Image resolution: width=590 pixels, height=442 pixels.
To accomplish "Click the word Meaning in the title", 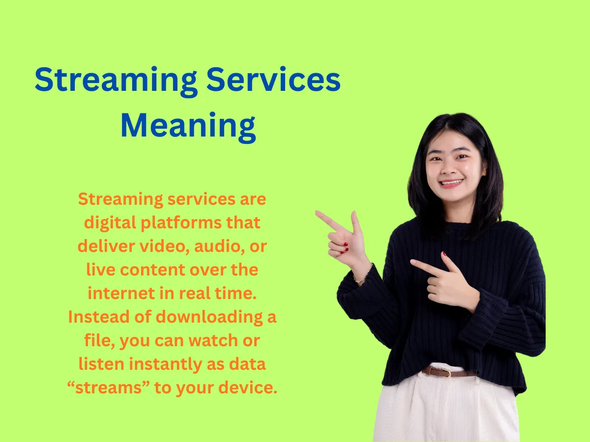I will coord(188,126).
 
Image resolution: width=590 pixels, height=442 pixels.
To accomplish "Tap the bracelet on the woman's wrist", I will coord(363,276).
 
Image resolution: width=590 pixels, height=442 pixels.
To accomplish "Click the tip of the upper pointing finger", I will coord(317,213).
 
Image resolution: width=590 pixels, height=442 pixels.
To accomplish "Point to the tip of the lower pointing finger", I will coord(413,262).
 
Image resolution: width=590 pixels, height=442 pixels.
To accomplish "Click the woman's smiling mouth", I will coord(451,183).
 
